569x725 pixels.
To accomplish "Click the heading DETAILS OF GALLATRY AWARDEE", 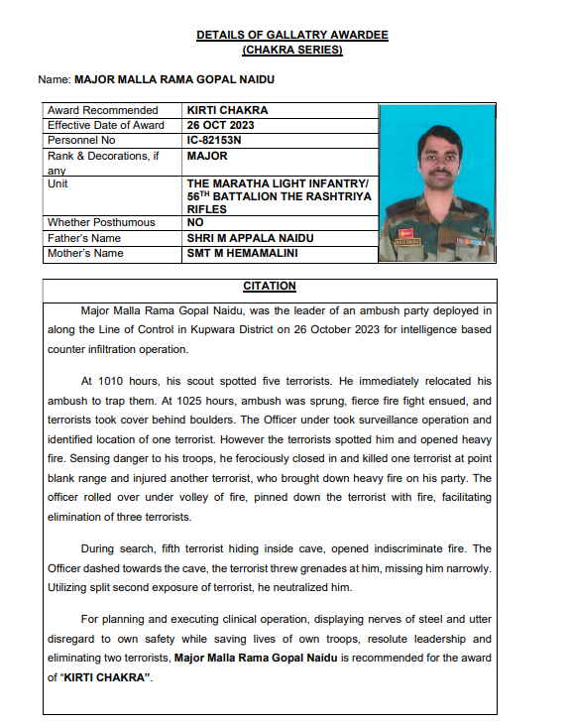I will (x=291, y=35).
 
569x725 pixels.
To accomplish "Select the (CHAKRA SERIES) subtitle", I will (x=291, y=49).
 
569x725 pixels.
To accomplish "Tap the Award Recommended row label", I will (x=103, y=110).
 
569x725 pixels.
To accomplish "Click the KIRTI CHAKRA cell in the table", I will (x=227, y=110).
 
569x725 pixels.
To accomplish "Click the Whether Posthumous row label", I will (x=101, y=223).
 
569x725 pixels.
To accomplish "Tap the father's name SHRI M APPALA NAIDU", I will (x=250, y=238).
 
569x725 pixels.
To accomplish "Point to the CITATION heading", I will (x=269, y=286).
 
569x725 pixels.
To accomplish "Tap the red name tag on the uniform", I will (x=407, y=239).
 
